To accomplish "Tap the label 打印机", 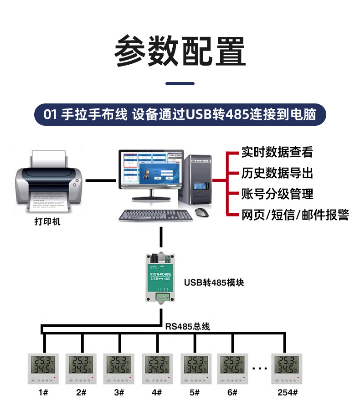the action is point(47,222).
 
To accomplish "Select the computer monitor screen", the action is point(151,170).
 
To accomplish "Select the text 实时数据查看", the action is point(277,152).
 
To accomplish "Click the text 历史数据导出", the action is point(277,173).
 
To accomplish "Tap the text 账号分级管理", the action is point(277,194).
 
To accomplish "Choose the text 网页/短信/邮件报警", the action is point(295,215).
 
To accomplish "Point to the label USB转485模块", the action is point(214,283).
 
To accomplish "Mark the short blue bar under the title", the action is point(180,84).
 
